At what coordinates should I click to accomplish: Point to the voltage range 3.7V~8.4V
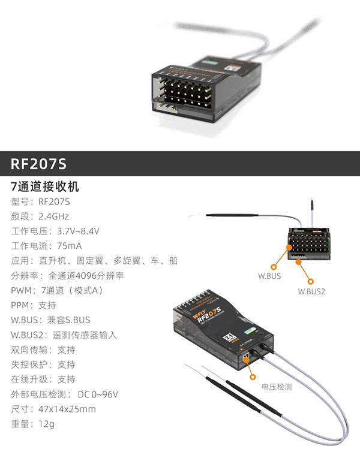coord(78,231)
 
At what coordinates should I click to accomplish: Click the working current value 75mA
coord(69,246)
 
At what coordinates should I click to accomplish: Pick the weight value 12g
coord(46,424)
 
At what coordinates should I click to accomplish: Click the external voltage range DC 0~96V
coord(98,394)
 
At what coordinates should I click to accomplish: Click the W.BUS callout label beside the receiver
coord(269,276)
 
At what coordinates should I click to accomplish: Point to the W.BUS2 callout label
coord(311,291)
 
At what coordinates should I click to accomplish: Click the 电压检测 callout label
coord(276,387)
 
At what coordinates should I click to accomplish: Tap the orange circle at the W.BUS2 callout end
coord(311,279)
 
